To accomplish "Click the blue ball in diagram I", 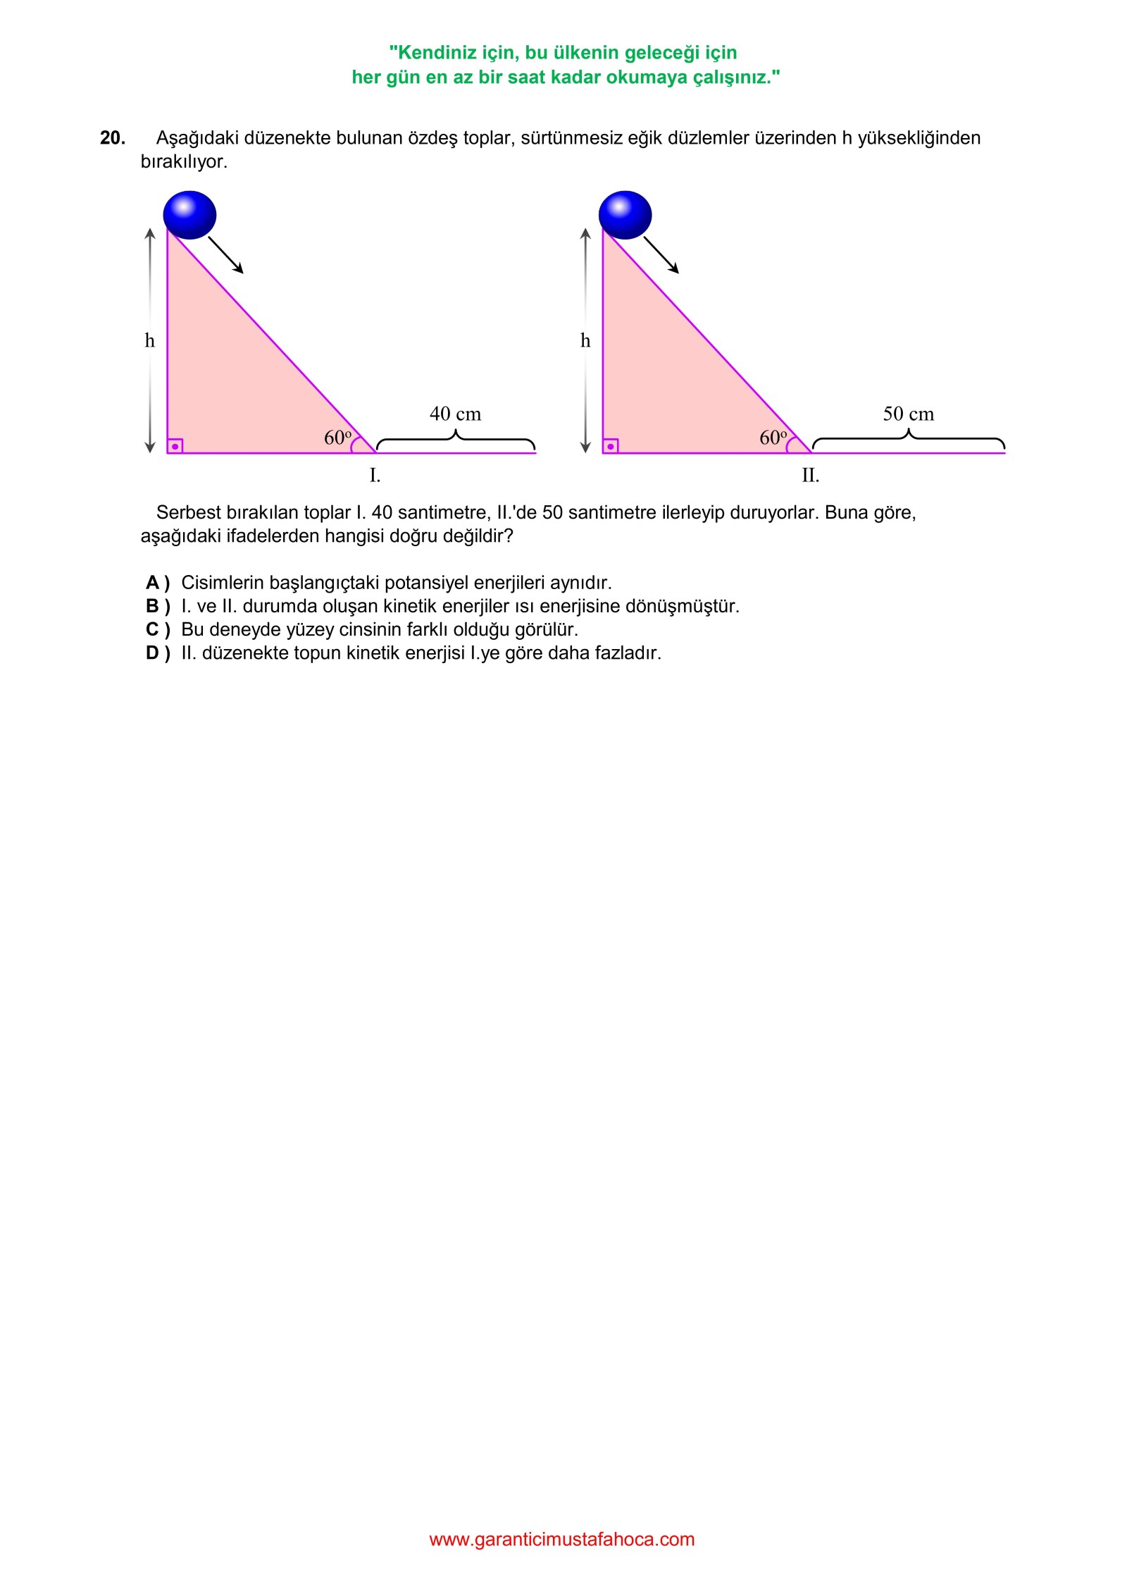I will pyautogui.click(x=189, y=215).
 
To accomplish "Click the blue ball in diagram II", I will pyautogui.click(x=625, y=215).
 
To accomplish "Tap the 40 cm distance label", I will pyautogui.click(x=455, y=414).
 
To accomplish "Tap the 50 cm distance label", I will pyautogui.click(x=908, y=414).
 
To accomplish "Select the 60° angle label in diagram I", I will pyautogui.click(x=338, y=438).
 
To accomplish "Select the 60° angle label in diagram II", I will pyautogui.click(x=773, y=438).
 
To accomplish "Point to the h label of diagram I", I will pyautogui.click(x=149, y=341).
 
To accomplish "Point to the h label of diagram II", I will pyautogui.click(x=585, y=341).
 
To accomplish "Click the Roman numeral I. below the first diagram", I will pyautogui.click(x=375, y=476).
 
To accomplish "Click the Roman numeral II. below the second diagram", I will pyautogui.click(x=810, y=476).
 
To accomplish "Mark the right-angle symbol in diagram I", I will pyautogui.click(x=175, y=446).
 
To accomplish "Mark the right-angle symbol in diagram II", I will pyautogui.click(x=611, y=446).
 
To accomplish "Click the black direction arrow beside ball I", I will pyautogui.click(x=226, y=254).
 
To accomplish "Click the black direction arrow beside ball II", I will pyautogui.click(x=661, y=254).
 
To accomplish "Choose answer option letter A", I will pyautogui.click(x=153, y=583).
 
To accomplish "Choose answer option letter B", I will pyautogui.click(x=153, y=606).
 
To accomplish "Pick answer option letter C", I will pyautogui.click(x=153, y=629).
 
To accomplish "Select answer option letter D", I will pyautogui.click(x=153, y=653).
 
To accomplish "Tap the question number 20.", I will pyautogui.click(x=113, y=138).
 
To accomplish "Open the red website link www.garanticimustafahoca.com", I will pyautogui.click(x=561, y=1539).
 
